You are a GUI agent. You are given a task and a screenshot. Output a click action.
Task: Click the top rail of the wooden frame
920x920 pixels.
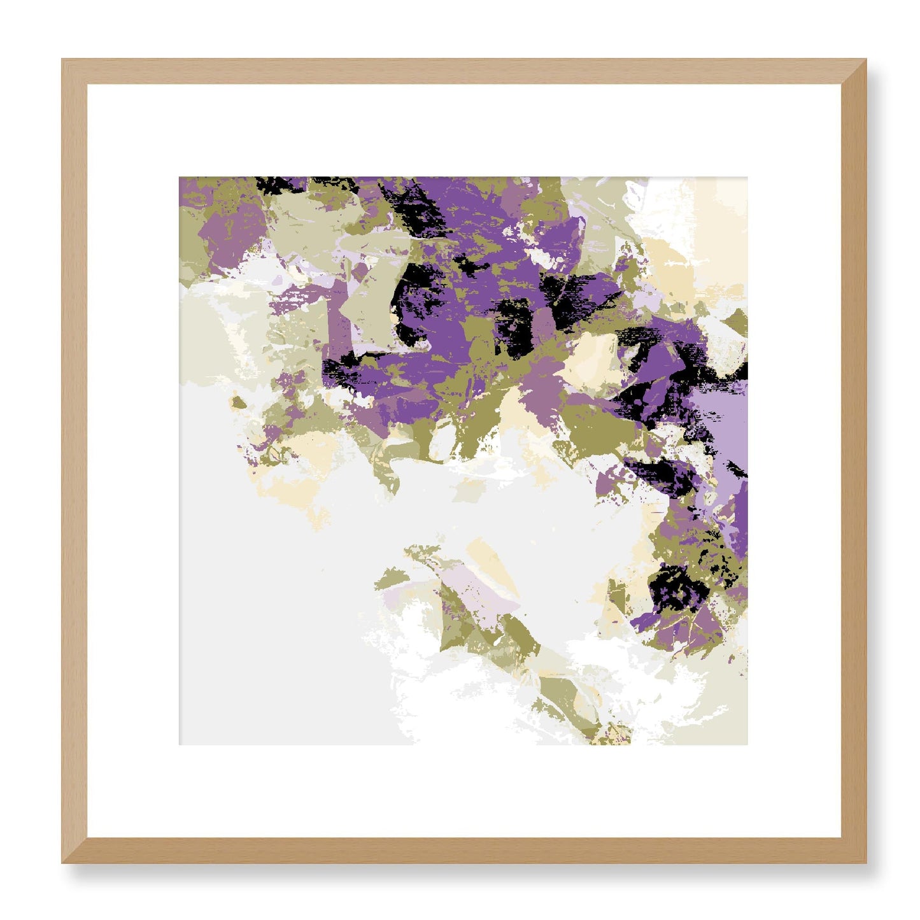point(464,71)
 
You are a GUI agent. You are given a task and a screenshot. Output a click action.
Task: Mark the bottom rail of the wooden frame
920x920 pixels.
point(464,851)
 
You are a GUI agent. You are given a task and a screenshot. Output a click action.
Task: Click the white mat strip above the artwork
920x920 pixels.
point(464,131)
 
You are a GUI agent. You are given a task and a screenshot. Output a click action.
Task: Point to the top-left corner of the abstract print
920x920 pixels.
point(181,179)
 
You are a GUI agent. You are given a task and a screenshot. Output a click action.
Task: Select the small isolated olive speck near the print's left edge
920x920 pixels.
point(239,402)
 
